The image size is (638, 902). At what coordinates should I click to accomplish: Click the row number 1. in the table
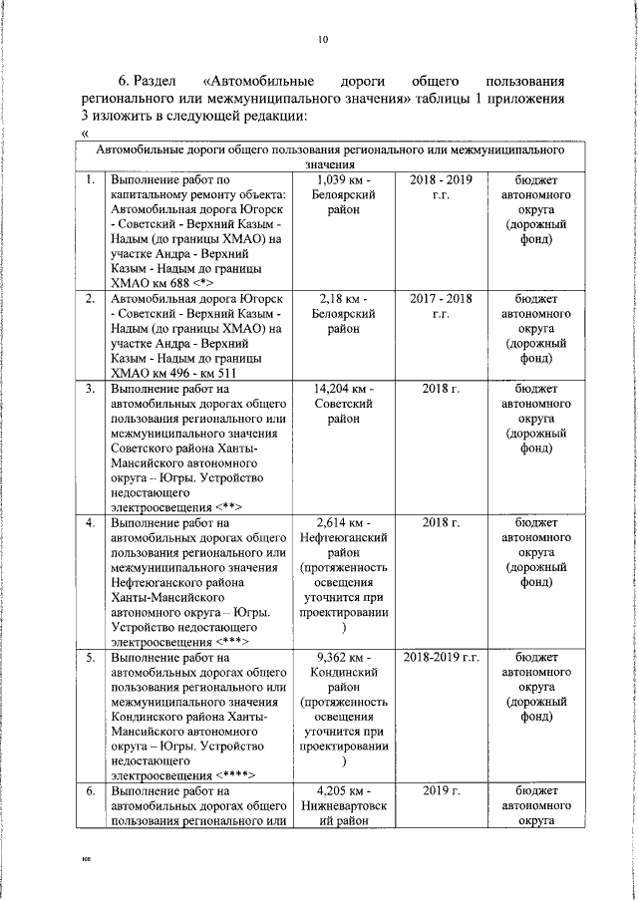tap(90, 179)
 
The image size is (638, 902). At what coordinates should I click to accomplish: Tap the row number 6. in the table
tap(90, 791)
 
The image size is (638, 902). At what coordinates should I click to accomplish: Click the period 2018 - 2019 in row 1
tap(440, 179)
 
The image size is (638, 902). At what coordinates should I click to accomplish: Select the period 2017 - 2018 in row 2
tap(440, 298)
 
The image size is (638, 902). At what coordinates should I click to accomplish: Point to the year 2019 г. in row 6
tap(440, 791)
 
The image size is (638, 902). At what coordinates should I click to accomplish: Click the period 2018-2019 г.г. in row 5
tap(440, 657)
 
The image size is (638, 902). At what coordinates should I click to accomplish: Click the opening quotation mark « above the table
tap(86, 135)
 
